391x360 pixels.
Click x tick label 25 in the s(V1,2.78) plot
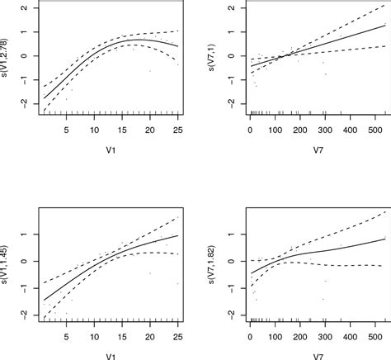(178, 130)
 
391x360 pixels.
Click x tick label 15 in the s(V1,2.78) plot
(122, 130)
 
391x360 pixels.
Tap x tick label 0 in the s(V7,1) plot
(249, 130)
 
